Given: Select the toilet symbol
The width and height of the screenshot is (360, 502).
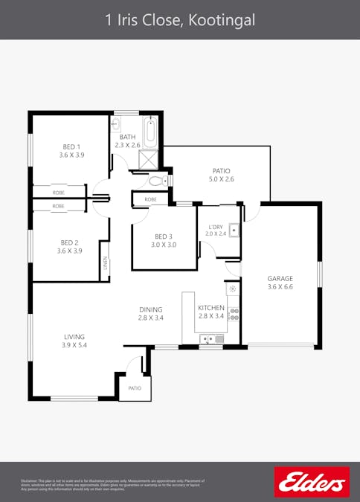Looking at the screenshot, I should pos(157,180).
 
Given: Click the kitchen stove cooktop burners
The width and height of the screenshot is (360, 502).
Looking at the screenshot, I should pos(233,314).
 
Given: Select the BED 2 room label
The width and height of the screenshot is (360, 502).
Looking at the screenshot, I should pos(70,242).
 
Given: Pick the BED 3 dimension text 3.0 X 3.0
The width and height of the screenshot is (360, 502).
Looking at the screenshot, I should pos(164,245).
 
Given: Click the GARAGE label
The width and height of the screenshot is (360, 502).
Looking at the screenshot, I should pos(280,279).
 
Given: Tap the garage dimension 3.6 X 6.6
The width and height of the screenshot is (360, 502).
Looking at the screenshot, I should pos(280,287).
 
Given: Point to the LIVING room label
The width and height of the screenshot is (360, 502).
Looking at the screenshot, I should pos(74,336).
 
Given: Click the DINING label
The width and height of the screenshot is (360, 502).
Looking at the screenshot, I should pos(150,309).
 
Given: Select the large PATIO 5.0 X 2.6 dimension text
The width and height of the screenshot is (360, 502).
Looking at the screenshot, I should pos(222,179).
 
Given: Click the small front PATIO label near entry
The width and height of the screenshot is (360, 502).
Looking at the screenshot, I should pos(135,388).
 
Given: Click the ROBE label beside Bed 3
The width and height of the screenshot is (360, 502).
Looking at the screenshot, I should pos(150,199).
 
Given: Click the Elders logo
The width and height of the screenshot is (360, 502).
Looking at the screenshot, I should pos(311,482).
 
